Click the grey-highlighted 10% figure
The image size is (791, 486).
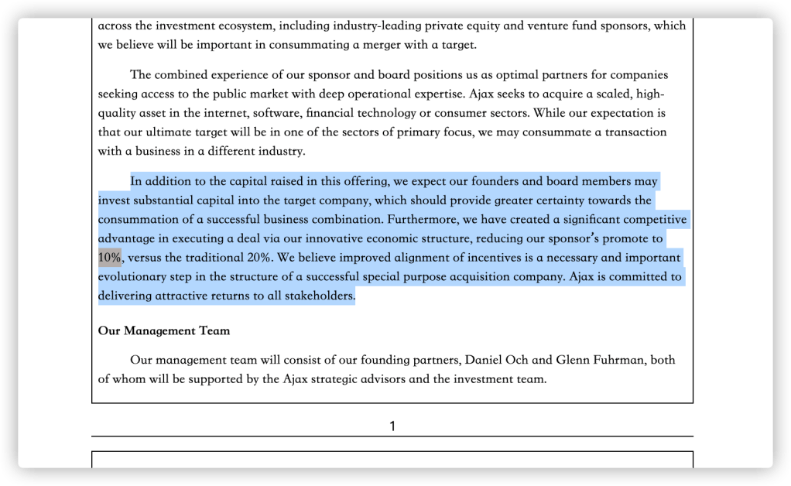tap(110, 258)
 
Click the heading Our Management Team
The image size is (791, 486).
tap(164, 331)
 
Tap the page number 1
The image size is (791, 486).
tap(392, 426)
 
